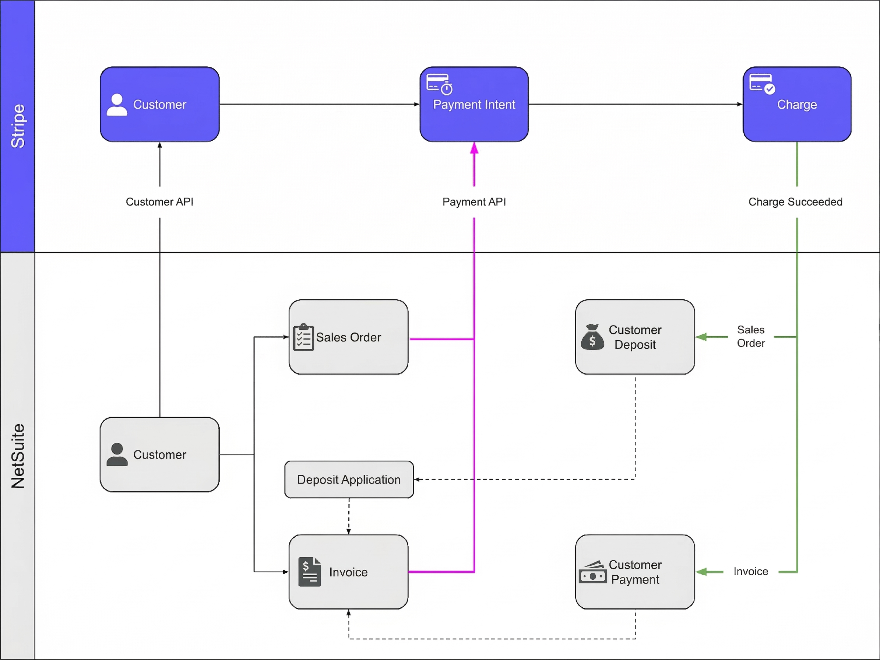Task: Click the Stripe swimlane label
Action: [x=18, y=126]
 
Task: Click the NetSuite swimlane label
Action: [x=18, y=456]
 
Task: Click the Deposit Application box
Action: [x=349, y=480]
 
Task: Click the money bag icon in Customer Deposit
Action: [x=592, y=337]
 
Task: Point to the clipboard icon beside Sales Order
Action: [x=303, y=337]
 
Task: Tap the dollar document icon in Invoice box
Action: [x=310, y=572]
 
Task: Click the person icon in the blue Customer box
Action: [x=117, y=105]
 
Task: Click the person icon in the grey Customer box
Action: [x=117, y=454]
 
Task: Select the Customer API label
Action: [x=159, y=202]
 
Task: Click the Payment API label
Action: [x=474, y=202]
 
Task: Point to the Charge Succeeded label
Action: [x=795, y=202]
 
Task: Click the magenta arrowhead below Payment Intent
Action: [x=474, y=148]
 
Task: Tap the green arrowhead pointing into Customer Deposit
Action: [x=702, y=337]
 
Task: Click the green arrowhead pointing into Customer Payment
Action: [x=702, y=572]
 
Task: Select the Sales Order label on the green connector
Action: [x=751, y=336]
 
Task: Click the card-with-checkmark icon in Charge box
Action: [x=762, y=84]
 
